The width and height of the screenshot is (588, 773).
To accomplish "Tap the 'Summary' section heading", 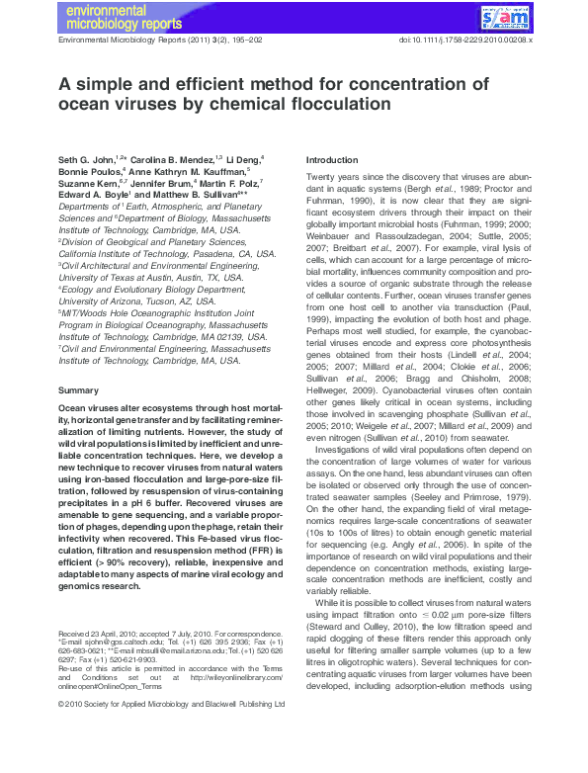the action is coord(79,391).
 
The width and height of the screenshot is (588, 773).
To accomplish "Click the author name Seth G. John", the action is coord(86,158).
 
